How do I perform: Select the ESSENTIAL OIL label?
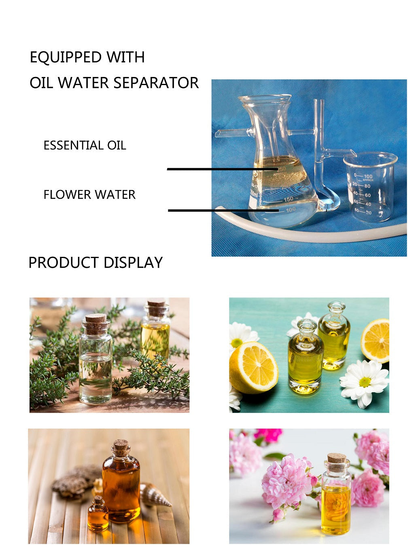[x=85, y=145]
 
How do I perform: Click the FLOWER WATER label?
[x=89, y=194]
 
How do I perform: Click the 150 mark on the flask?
[x=288, y=199]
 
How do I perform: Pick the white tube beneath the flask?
[x=324, y=235]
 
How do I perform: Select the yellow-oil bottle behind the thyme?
[x=155, y=332]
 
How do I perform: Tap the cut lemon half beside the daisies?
[x=253, y=367]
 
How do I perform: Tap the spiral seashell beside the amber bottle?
[x=156, y=495]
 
